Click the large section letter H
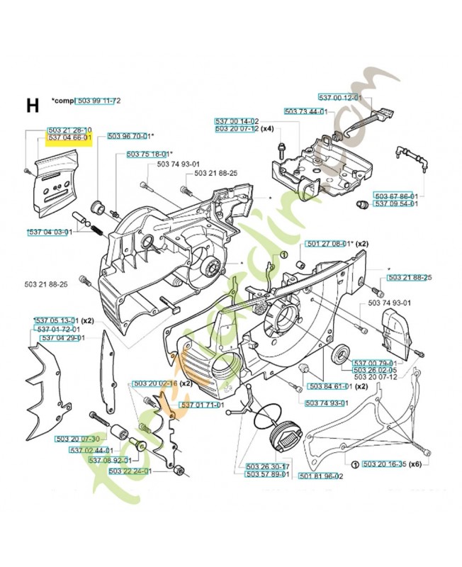coord(33,106)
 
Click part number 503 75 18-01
coord(148,154)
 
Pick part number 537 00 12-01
coord(339,99)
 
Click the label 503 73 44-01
coord(305,111)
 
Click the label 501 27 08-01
coord(327,244)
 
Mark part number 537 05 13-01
coord(57,321)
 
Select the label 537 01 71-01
coord(203,405)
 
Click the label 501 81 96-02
coord(320,476)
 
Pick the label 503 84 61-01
coord(329,386)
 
